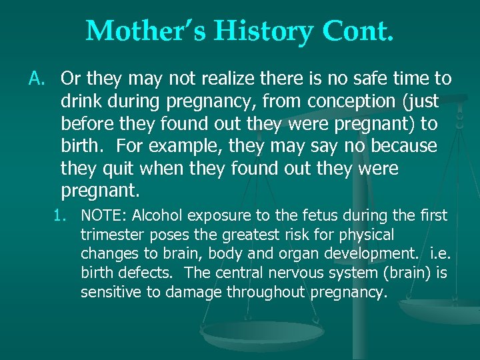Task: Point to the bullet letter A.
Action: [36, 79]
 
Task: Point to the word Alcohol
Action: [159, 216]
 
